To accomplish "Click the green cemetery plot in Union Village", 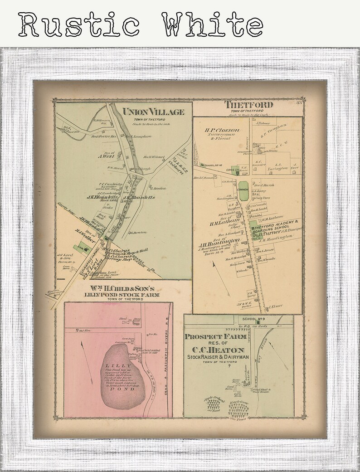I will [83, 248].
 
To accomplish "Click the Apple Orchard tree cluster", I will [213, 404].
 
